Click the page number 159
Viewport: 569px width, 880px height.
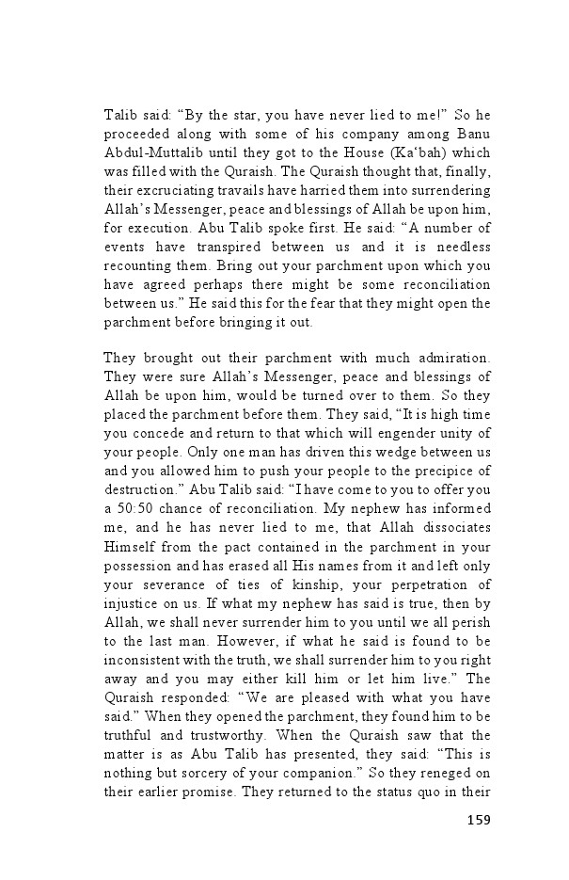coord(479,821)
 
